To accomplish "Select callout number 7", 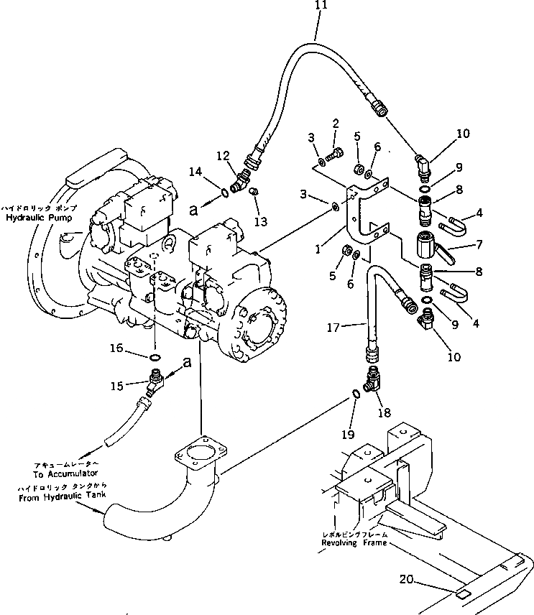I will (x=473, y=245).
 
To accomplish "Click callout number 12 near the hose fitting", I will (x=224, y=156).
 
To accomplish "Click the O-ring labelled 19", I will (x=356, y=393).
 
